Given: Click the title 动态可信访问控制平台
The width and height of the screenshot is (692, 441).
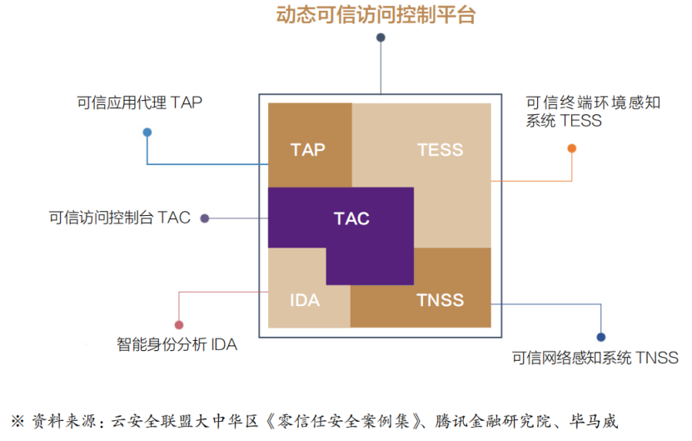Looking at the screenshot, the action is point(376,14).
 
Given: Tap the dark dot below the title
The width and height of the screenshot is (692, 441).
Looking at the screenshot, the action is point(381,38).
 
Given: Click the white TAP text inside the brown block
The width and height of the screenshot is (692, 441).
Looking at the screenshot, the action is point(307,150).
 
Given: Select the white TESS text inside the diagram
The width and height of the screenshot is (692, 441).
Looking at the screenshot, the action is point(440,150).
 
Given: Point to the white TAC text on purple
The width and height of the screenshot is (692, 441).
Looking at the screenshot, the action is point(351,218).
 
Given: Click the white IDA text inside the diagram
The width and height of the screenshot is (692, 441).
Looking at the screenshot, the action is point(305,300).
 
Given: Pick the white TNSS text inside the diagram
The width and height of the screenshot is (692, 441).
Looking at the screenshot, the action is point(440,300).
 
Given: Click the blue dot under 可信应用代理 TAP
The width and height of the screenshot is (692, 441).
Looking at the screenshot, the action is point(147,132).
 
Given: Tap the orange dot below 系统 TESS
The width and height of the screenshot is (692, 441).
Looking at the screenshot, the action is point(571,148).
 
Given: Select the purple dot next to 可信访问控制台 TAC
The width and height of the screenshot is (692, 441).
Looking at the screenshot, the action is point(204,218).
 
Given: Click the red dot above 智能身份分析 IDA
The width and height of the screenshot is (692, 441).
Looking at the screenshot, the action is point(179,325).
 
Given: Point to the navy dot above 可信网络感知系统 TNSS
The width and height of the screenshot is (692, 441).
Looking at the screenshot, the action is point(600,337).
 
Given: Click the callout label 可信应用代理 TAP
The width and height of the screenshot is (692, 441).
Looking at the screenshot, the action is point(139,103).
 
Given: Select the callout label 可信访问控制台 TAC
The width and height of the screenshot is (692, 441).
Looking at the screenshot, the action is point(120,218).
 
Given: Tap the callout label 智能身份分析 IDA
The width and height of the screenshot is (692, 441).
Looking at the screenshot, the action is point(177,344).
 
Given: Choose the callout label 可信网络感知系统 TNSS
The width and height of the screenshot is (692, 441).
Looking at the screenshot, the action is point(595,358).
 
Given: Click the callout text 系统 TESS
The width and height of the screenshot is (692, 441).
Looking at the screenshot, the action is point(564,121).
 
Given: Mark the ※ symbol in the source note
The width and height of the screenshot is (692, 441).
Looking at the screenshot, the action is point(17,421).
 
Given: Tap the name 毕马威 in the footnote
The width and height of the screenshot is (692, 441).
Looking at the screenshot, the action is point(593,421).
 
